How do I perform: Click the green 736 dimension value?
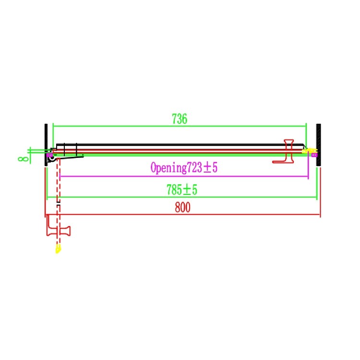click(x=180, y=119)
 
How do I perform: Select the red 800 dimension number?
click(x=182, y=207)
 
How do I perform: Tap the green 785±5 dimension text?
click(x=182, y=190)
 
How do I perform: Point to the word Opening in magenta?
click(x=168, y=168)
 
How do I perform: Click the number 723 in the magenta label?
click(x=195, y=168)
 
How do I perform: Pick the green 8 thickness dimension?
click(x=23, y=159)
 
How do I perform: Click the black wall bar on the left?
click(x=46, y=145)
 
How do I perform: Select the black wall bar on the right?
click(x=318, y=145)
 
